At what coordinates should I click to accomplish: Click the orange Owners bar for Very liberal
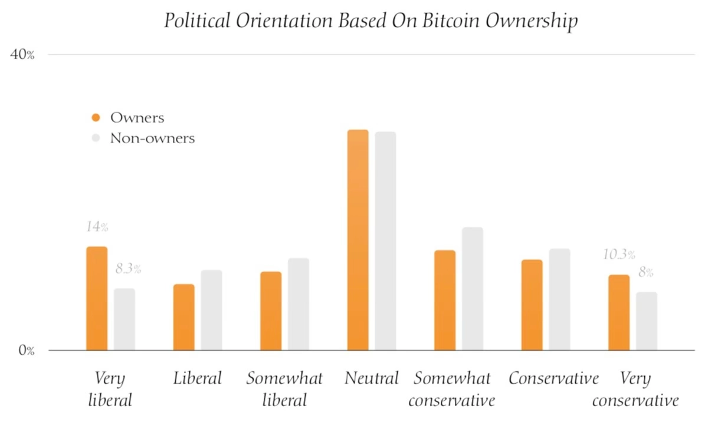[x=97, y=298]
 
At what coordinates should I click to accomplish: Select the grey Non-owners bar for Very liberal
[x=124, y=319]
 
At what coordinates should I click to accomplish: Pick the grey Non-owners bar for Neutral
[x=385, y=241]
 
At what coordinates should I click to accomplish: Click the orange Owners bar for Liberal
[x=183, y=317]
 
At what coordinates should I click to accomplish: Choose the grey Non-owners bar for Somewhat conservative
[x=472, y=289]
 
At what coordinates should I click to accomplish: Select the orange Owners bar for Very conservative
[x=618, y=312]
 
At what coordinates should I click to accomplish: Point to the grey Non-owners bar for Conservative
[x=559, y=299]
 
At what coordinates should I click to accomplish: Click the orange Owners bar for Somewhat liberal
[x=271, y=311]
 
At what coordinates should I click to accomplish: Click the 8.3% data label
[x=128, y=269]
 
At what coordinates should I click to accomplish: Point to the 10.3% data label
[x=618, y=255]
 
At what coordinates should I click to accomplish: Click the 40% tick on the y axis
[x=23, y=55]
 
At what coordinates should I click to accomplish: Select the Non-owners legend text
[x=152, y=138]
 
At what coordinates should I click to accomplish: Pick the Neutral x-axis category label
[x=372, y=378]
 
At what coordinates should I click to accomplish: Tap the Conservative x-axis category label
[x=553, y=378]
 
